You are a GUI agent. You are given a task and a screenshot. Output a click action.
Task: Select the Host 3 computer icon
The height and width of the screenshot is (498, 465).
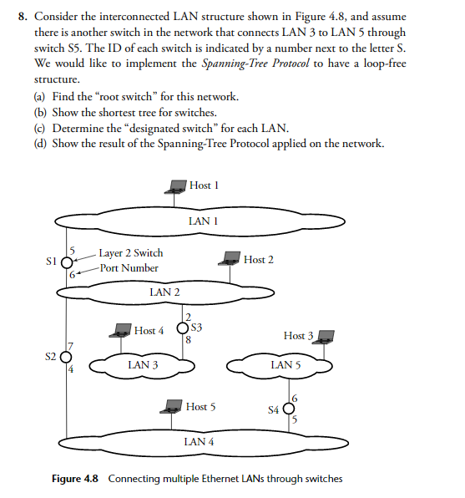(326, 337)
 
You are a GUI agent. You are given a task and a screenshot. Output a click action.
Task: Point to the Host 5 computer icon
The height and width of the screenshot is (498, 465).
(174, 408)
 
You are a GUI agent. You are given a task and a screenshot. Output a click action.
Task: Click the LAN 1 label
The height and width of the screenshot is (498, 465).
(203, 221)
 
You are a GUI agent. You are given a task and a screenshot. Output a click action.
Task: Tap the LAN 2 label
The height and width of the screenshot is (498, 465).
(164, 292)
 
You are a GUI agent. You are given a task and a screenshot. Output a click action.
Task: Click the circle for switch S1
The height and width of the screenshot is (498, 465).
(67, 262)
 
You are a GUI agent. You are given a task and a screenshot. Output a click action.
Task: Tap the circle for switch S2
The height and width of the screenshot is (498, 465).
(61, 356)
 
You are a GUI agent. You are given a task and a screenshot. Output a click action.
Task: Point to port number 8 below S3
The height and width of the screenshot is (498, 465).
(190, 340)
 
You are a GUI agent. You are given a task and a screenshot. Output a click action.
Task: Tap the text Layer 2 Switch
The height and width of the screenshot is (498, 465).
(130, 252)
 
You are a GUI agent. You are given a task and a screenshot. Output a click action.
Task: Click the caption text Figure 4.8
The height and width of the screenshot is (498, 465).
(75, 479)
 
